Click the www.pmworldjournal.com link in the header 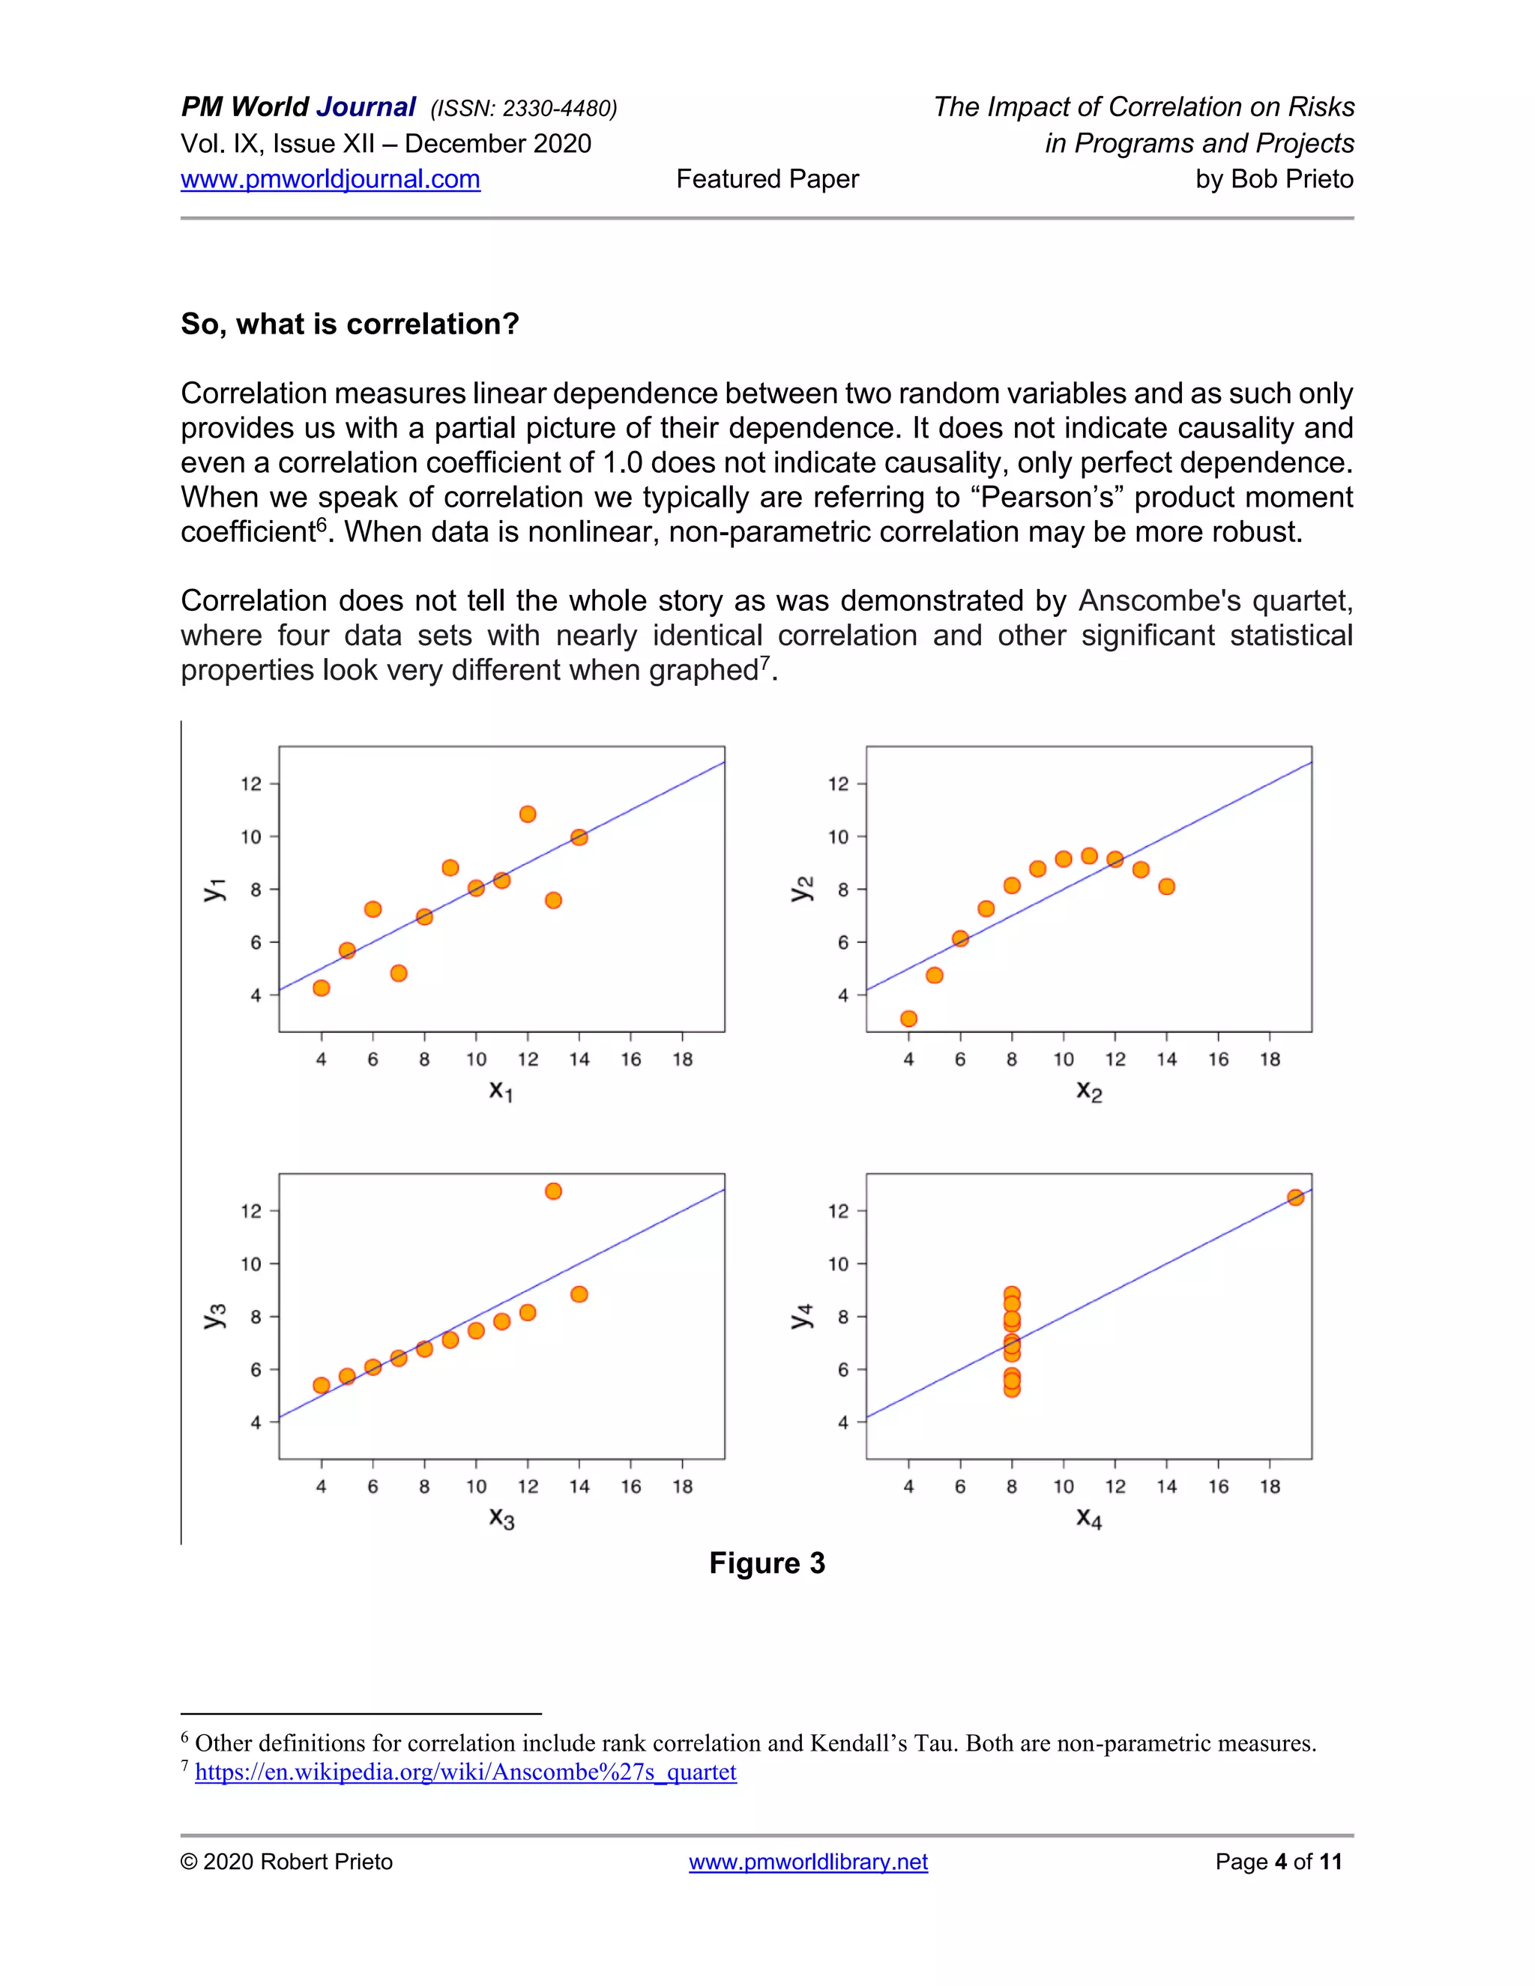pos(330,179)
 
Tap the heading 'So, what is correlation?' pos(349,324)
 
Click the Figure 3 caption pos(767,1563)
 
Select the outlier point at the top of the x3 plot pos(553,1192)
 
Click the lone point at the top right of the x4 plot pos(1295,1198)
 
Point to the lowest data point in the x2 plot pos(908,1018)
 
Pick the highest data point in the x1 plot pos(528,814)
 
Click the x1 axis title pos(501,1090)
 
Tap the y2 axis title pos(800,888)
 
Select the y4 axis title pos(800,1316)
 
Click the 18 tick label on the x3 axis pos(682,1487)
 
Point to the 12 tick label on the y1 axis pos(251,784)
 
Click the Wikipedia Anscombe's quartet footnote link pos(465,1772)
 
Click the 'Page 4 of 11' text pos(1278,1862)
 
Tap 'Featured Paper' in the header pos(767,179)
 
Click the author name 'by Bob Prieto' pos(1274,179)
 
